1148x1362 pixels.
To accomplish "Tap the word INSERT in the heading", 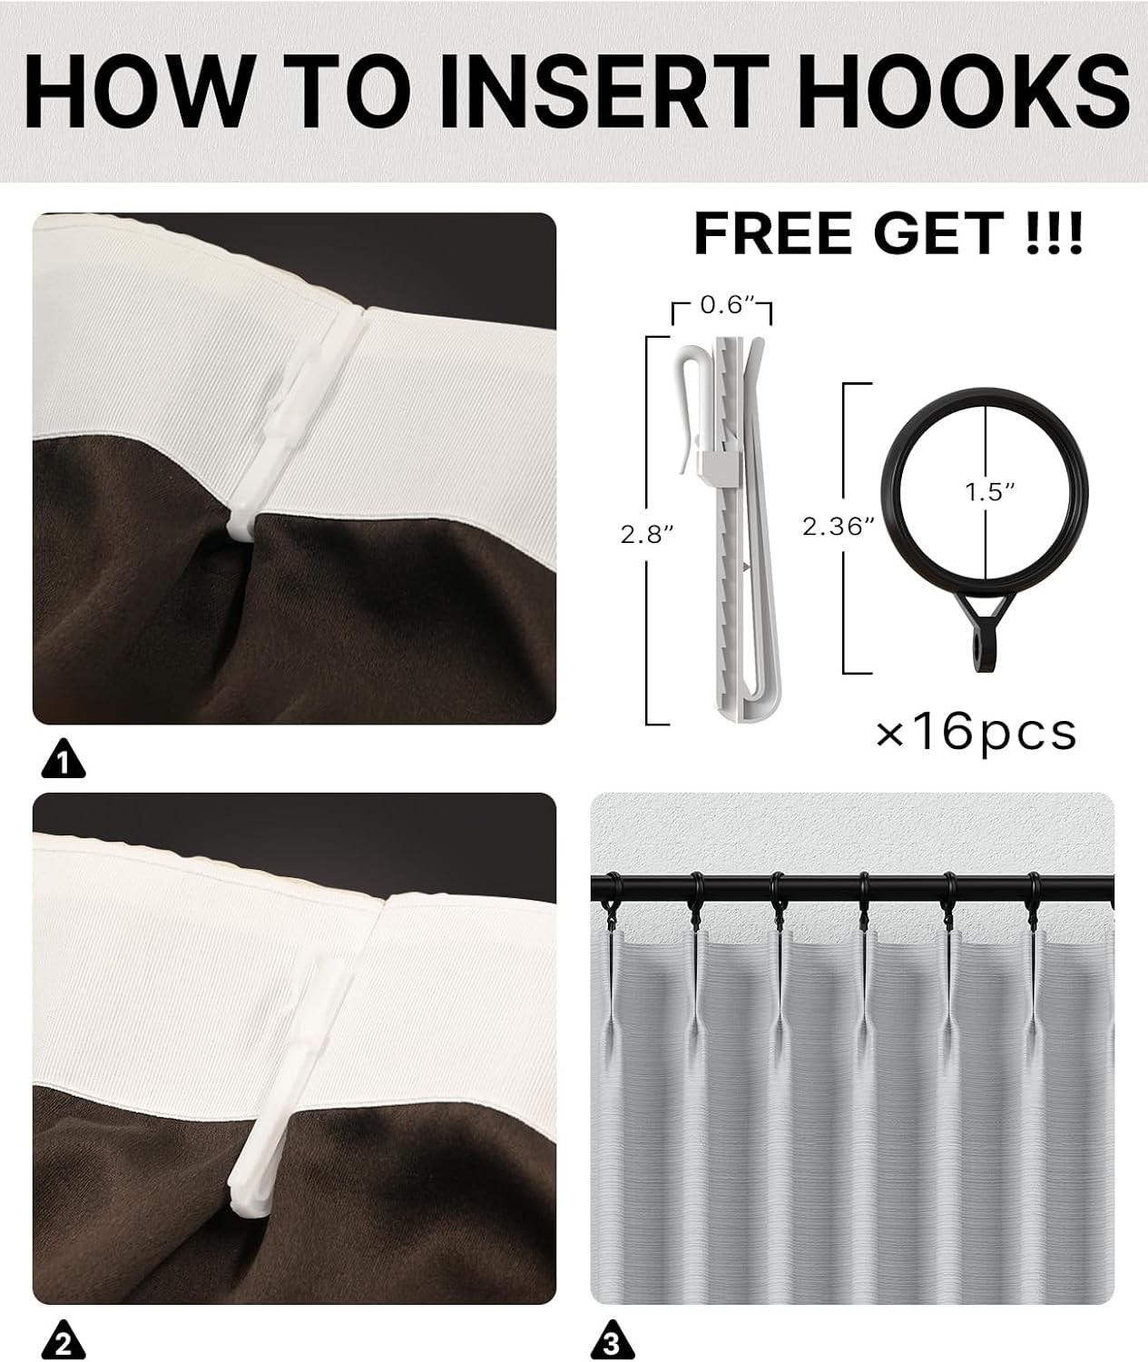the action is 605,91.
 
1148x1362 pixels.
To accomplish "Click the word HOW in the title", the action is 137,91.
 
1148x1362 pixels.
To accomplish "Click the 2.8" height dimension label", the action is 645,535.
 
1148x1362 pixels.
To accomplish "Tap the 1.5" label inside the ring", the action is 990,492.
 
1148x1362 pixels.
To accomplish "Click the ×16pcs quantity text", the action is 976,734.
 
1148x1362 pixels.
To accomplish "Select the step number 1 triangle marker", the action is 64,759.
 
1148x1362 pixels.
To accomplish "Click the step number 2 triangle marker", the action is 64,1340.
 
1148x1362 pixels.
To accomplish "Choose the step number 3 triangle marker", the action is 613,1340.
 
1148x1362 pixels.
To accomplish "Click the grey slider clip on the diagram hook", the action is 721,464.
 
